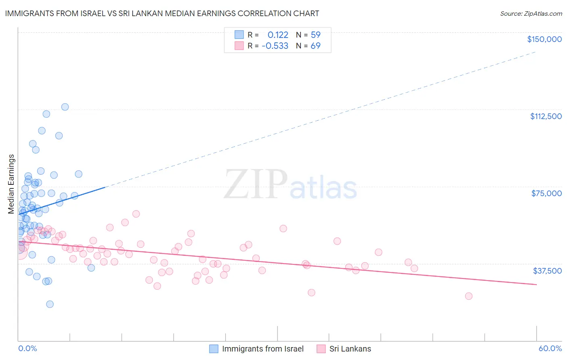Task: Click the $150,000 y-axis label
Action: [x=544, y=39]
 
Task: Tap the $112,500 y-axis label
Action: [x=546, y=116]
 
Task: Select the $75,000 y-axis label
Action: [x=546, y=193]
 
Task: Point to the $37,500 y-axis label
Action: [x=547, y=271]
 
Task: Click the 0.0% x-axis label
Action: [x=27, y=349]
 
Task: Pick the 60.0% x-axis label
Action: [x=550, y=349]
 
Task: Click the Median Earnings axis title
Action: [x=11, y=184]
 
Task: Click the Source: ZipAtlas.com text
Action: [x=531, y=13]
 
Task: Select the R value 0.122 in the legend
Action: [x=278, y=35]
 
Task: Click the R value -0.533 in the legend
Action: [x=275, y=46]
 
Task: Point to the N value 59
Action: [x=315, y=35]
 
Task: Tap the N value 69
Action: [x=315, y=46]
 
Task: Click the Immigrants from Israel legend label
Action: [x=263, y=349]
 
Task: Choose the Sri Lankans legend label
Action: [x=350, y=349]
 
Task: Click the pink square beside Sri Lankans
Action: [x=321, y=349]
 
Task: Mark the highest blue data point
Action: [x=65, y=107]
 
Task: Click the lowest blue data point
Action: [x=50, y=304]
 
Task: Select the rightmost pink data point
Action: [x=469, y=296]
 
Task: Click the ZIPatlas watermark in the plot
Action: [x=290, y=184]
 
